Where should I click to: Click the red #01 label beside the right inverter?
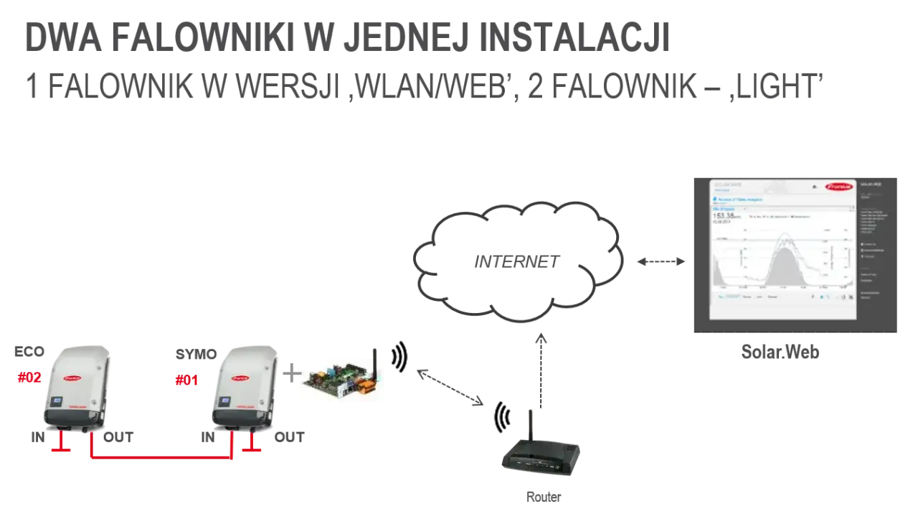[x=186, y=380]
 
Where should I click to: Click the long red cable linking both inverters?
[x=161, y=458]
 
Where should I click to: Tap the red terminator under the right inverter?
[x=252, y=447]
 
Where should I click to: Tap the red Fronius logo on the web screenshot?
[x=838, y=186]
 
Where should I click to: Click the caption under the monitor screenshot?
[x=780, y=352]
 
